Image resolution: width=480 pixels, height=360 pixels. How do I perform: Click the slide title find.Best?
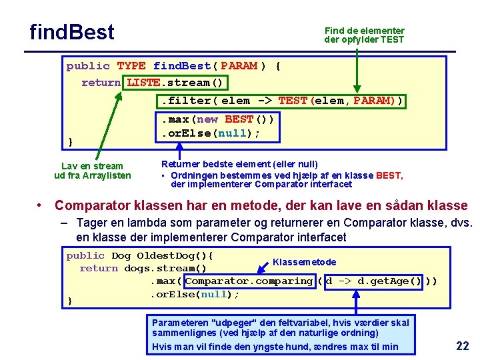[x=72, y=32]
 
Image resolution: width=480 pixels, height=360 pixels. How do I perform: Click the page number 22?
[x=463, y=345]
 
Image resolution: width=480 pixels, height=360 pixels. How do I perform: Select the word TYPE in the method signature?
[x=131, y=66]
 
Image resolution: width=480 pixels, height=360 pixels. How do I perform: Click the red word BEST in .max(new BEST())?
[x=239, y=119]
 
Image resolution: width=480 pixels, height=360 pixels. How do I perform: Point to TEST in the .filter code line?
[x=293, y=101]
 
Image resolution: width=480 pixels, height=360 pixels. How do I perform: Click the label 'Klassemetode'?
[x=305, y=262]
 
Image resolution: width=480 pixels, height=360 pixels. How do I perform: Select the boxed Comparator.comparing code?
[x=249, y=281]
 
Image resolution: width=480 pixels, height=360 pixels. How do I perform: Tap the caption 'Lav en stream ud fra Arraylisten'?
[x=92, y=171]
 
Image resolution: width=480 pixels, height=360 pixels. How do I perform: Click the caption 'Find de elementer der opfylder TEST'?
[x=364, y=35]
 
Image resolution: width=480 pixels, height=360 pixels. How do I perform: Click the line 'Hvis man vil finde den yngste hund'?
[x=275, y=346]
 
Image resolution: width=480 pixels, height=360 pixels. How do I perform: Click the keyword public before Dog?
[x=85, y=256]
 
